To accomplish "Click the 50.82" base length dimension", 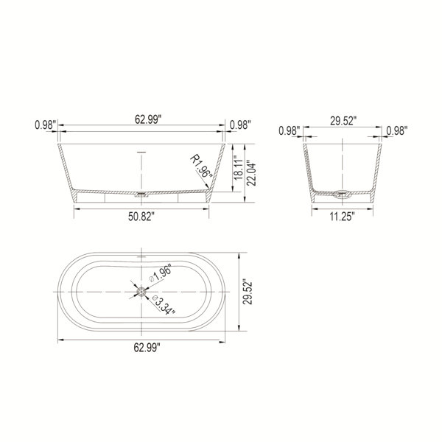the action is (x=141, y=217).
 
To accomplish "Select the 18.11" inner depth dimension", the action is (x=238, y=168).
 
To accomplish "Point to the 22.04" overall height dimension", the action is (x=251, y=173).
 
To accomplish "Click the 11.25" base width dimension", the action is (x=343, y=217).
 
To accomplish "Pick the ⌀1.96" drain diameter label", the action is (x=160, y=274).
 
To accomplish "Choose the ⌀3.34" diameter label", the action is (x=164, y=305).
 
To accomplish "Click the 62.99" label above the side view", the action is (x=148, y=119).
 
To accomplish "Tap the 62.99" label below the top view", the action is (x=147, y=348).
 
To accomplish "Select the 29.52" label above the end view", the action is (x=343, y=121).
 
